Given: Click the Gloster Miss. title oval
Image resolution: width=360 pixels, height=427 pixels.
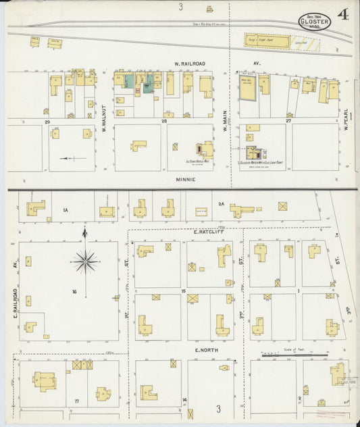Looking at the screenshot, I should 315,22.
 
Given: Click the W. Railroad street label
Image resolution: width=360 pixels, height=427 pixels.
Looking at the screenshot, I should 189,64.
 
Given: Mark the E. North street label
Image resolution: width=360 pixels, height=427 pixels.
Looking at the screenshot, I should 205,350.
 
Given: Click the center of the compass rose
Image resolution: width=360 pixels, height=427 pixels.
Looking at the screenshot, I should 85,260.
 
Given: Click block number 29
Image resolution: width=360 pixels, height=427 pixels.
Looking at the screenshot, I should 47,122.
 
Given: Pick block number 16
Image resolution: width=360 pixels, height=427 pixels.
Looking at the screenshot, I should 74,291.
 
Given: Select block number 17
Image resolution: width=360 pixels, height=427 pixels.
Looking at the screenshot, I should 77,401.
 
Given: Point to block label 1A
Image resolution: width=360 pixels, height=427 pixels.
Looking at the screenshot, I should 66,211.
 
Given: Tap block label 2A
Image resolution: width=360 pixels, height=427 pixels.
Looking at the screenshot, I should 221,203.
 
